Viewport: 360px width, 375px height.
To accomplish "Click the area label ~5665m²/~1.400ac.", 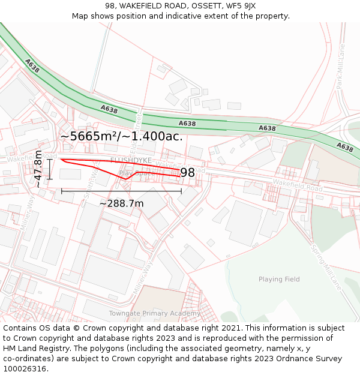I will (x=121, y=136).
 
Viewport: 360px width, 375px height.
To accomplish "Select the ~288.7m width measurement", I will (x=121, y=203).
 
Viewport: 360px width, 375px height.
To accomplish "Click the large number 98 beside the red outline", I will (x=187, y=173).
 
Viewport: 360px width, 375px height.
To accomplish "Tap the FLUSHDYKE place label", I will (x=131, y=160).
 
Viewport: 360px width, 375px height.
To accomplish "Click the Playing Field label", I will (x=279, y=279).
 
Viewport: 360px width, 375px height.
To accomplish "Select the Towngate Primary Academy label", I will (x=154, y=313).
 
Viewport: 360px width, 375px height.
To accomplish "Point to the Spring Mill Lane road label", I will (x=326, y=267).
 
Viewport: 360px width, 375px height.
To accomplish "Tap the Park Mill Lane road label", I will (x=340, y=66).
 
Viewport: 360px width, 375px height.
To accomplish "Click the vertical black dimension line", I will (x=50, y=169).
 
